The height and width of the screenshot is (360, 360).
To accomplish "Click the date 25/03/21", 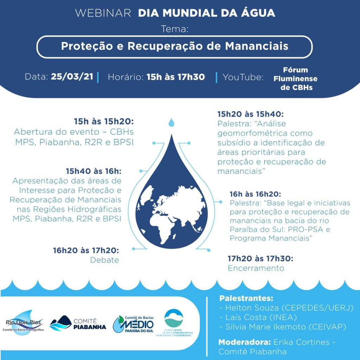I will (72, 77).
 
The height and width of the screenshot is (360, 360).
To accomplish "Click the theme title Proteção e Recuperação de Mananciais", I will (174, 46).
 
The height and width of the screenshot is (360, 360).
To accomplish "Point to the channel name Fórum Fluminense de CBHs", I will (295, 79).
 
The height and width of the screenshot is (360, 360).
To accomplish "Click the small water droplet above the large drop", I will (171, 122).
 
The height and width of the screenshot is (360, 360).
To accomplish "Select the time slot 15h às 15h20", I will (104, 122).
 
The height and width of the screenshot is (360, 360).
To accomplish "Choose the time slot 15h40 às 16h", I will (93, 171).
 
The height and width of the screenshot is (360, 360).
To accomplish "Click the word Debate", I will (104, 260).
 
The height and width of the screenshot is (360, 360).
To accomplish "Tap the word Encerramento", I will (256, 268).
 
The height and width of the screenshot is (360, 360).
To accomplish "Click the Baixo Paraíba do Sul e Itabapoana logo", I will (173, 323).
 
